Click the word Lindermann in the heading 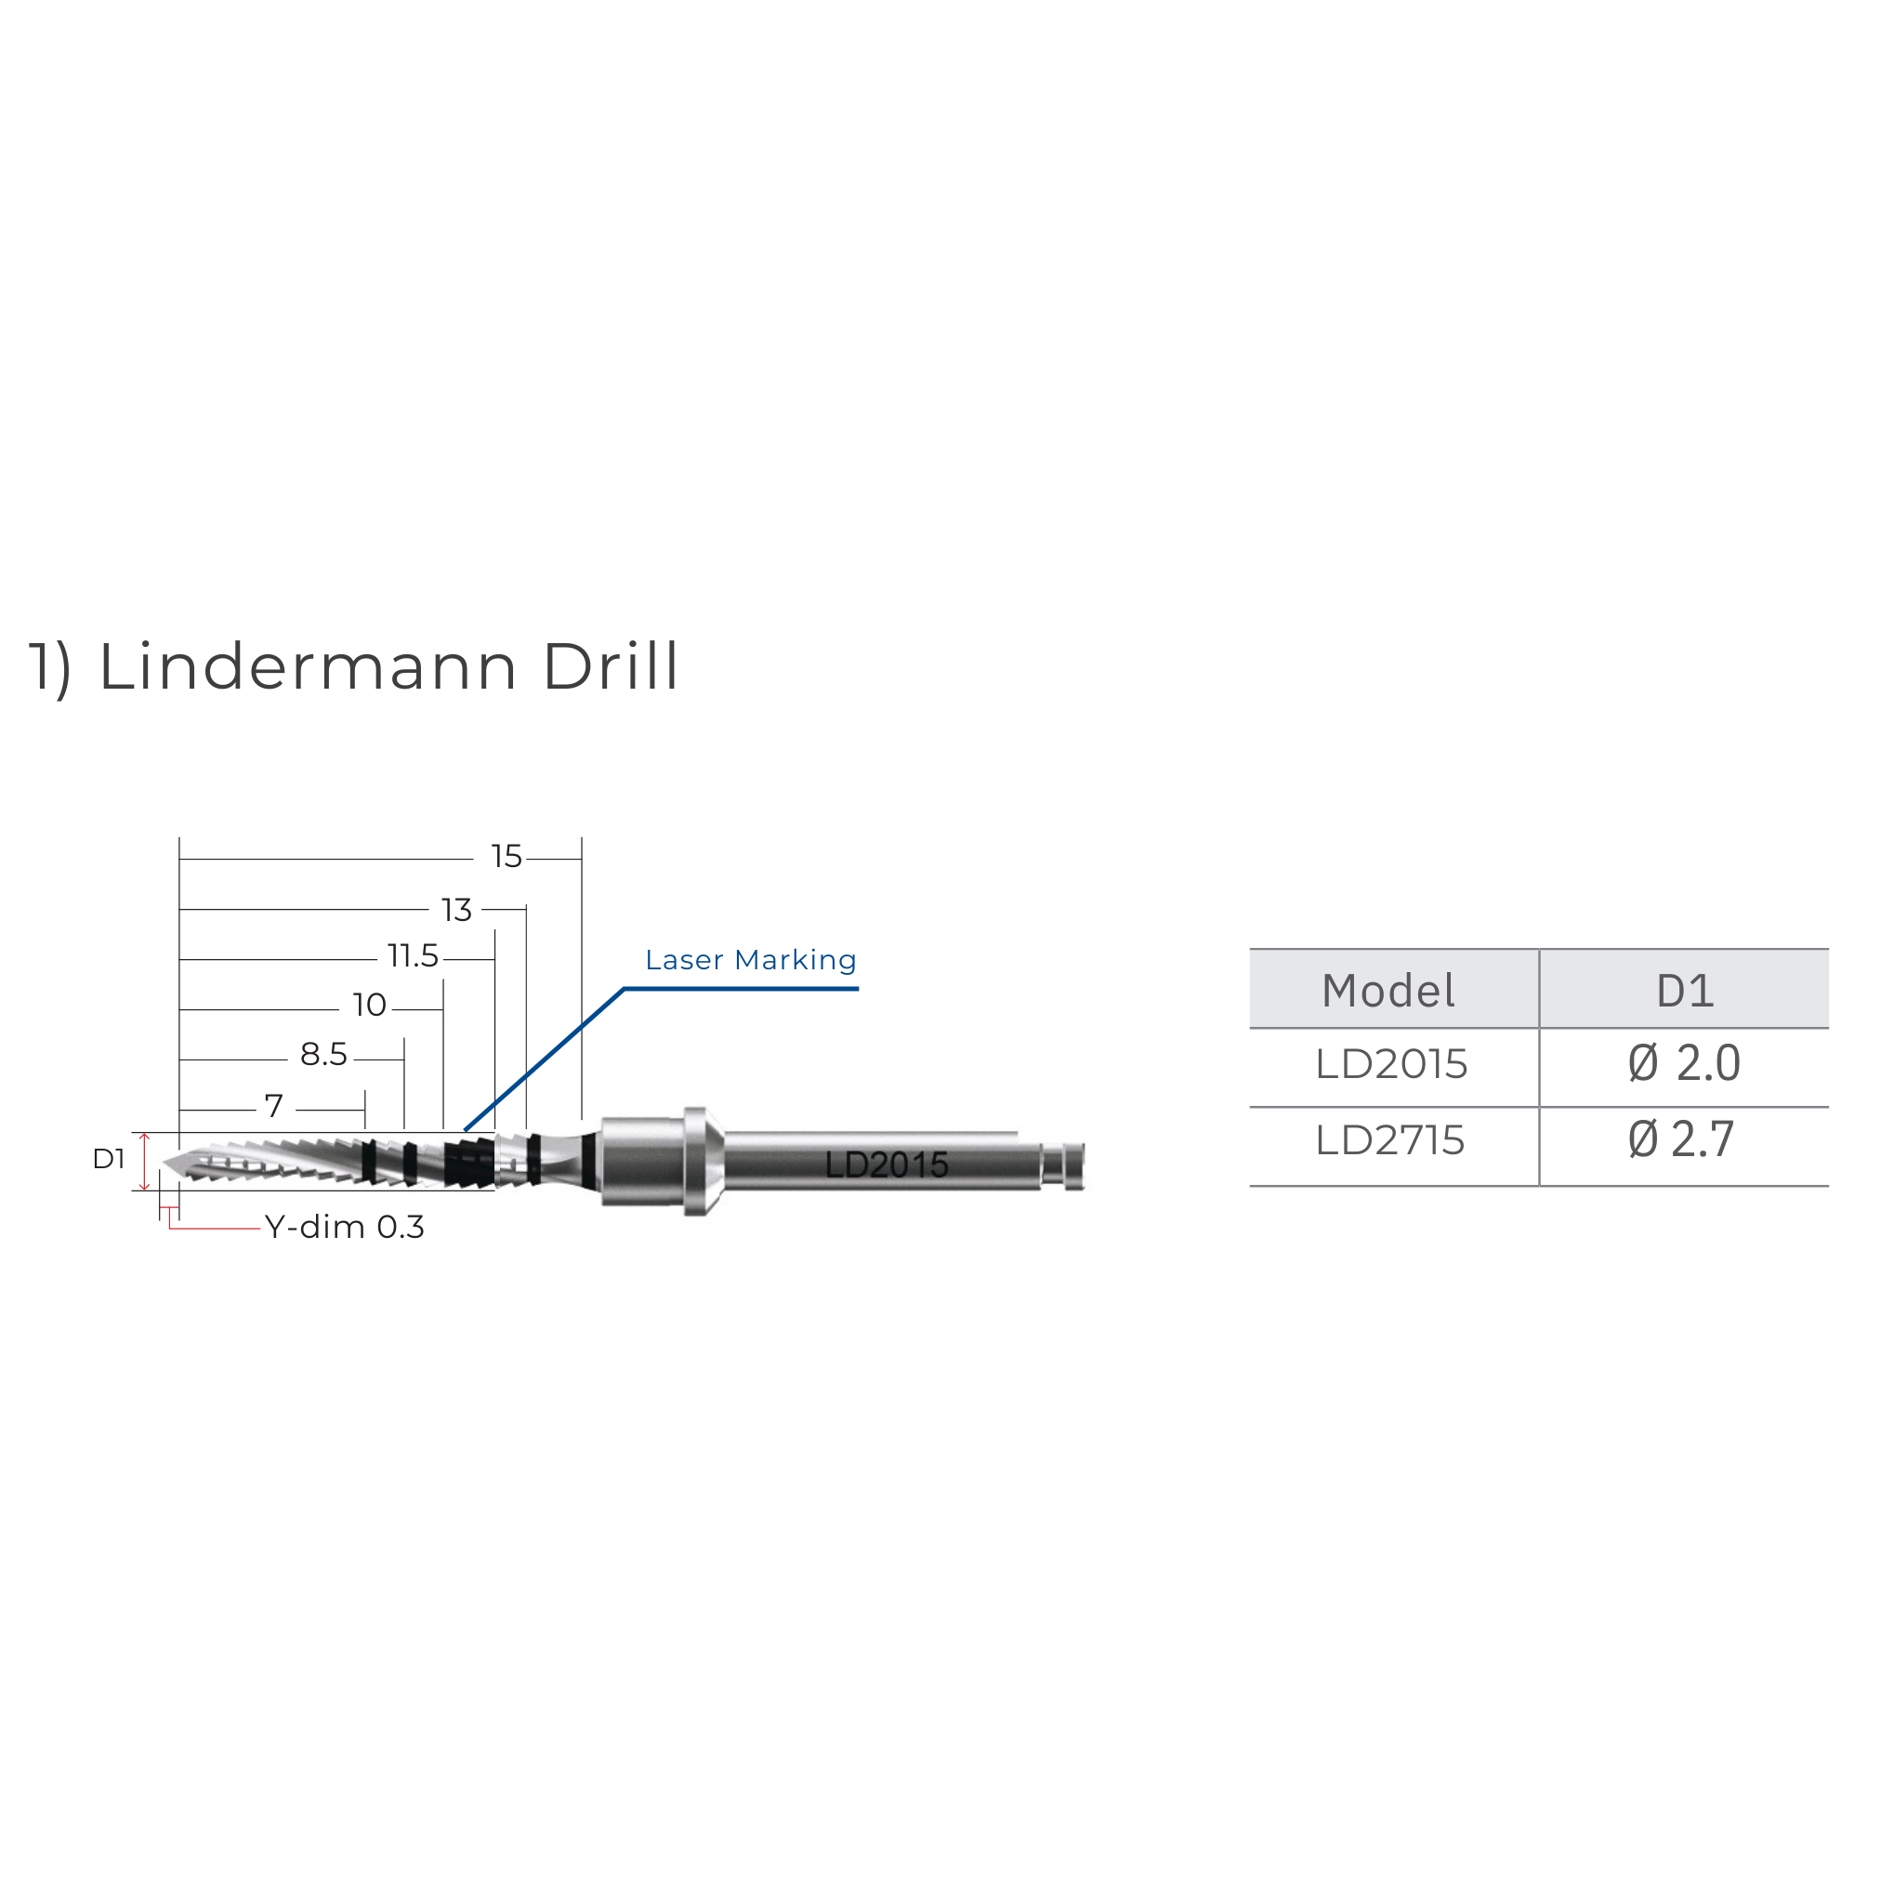click(308, 668)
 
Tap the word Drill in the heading click(611, 668)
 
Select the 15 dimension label click(506, 857)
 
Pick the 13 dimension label click(455, 911)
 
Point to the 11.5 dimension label click(413, 956)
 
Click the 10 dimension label click(369, 1005)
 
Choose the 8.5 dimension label click(323, 1055)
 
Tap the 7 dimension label click(273, 1106)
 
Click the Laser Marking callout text click(751, 961)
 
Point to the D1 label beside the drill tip click(109, 1159)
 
